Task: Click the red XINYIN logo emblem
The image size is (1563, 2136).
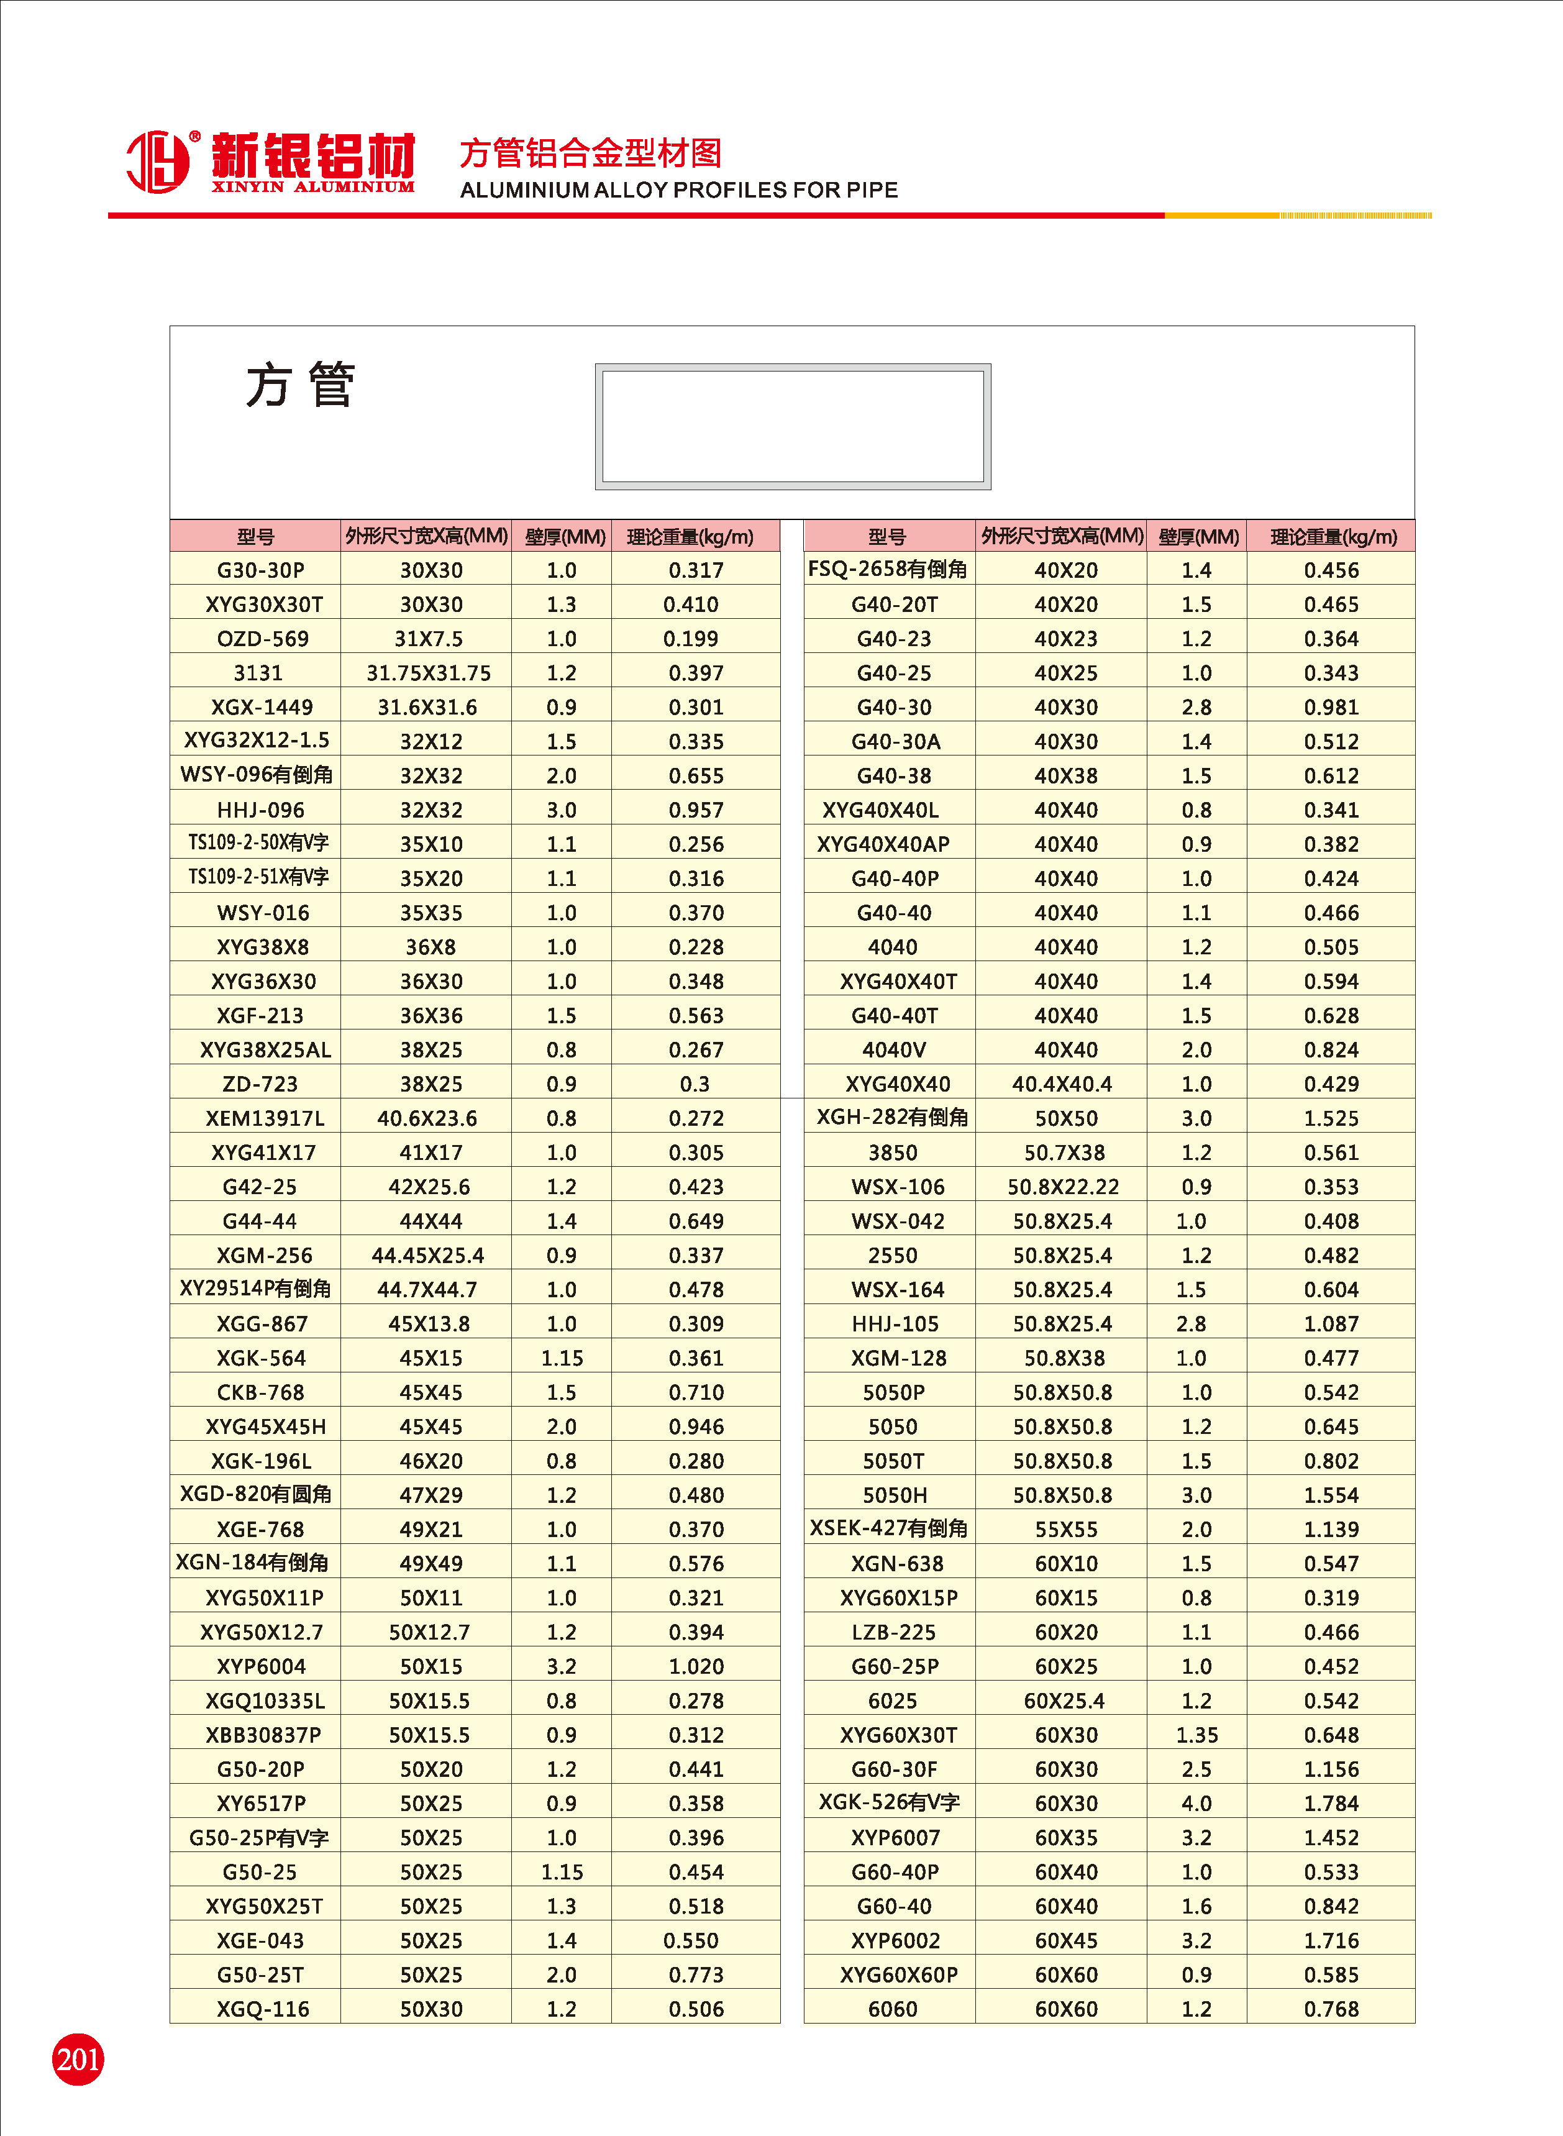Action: click(158, 161)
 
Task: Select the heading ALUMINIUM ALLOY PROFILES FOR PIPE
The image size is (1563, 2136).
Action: click(678, 190)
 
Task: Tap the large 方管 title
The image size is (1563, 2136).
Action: click(300, 385)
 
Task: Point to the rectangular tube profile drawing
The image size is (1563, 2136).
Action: click(793, 427)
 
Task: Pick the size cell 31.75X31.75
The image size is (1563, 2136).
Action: click(429, 673)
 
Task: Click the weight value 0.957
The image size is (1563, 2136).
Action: click(695, 810)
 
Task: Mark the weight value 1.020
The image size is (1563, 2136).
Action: click(695, 1666)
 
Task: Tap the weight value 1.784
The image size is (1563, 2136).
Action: click(1330, 1803)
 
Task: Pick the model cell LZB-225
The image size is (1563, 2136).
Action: click(893, 1632)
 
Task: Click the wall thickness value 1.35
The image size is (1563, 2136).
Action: click(1196, 1735)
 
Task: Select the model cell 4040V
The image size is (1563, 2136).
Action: click(893, 1049)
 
